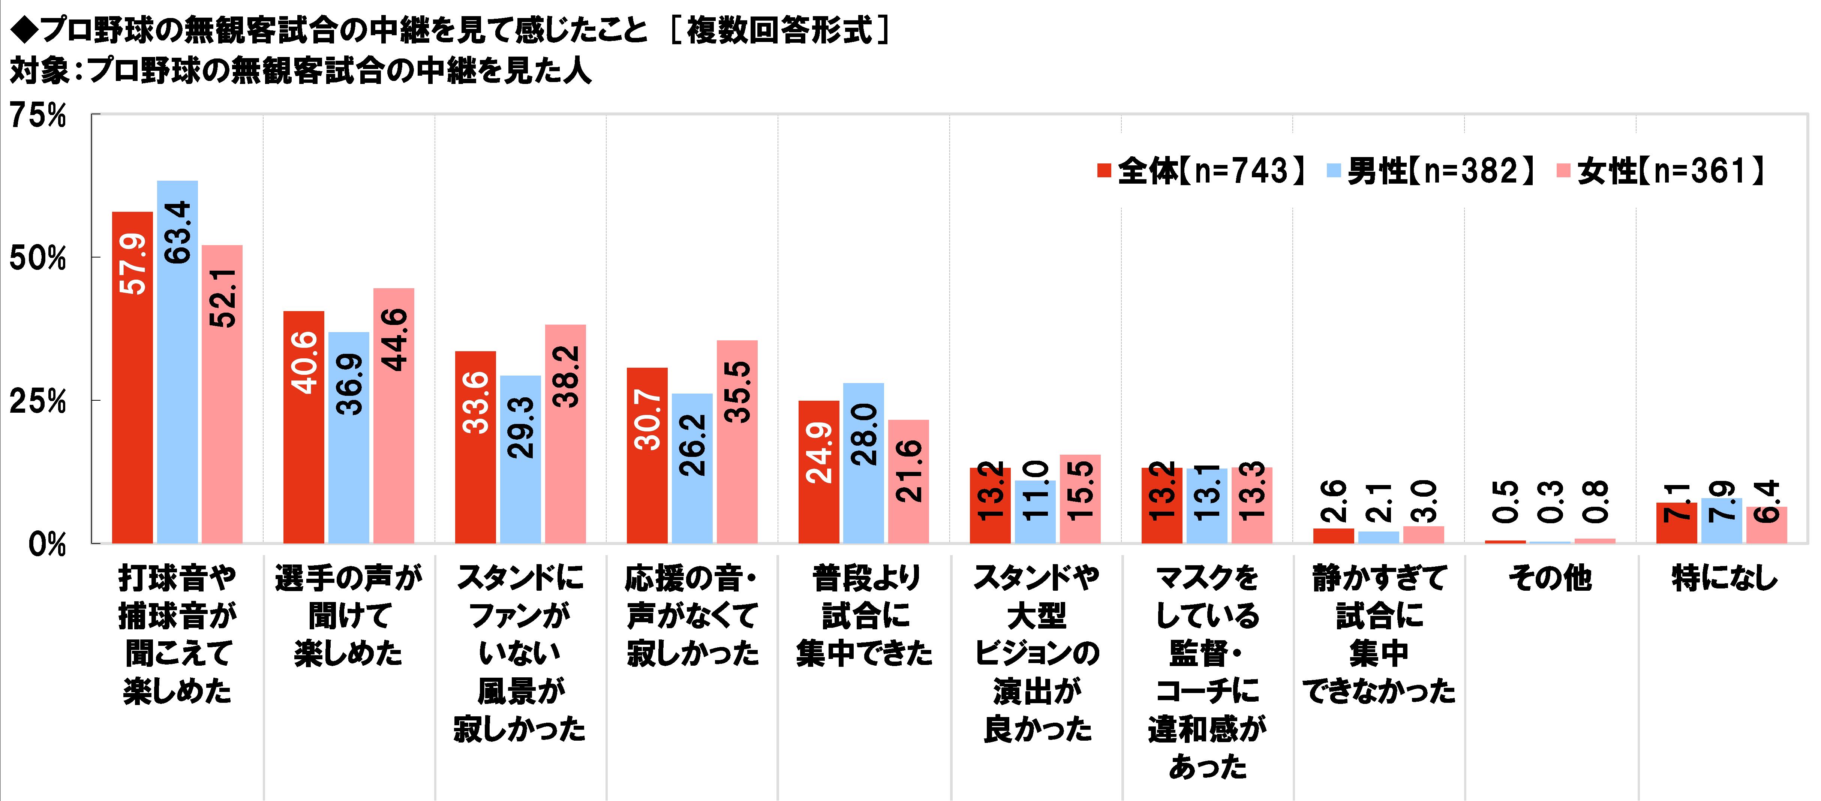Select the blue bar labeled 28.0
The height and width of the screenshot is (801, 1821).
863,463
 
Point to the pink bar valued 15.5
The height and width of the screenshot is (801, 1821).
1080,499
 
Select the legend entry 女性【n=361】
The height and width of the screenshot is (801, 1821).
1661,171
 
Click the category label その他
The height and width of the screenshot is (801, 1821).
1550,578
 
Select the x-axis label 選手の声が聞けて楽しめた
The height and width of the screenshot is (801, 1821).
349,615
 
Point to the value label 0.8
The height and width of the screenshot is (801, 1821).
1596,500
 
